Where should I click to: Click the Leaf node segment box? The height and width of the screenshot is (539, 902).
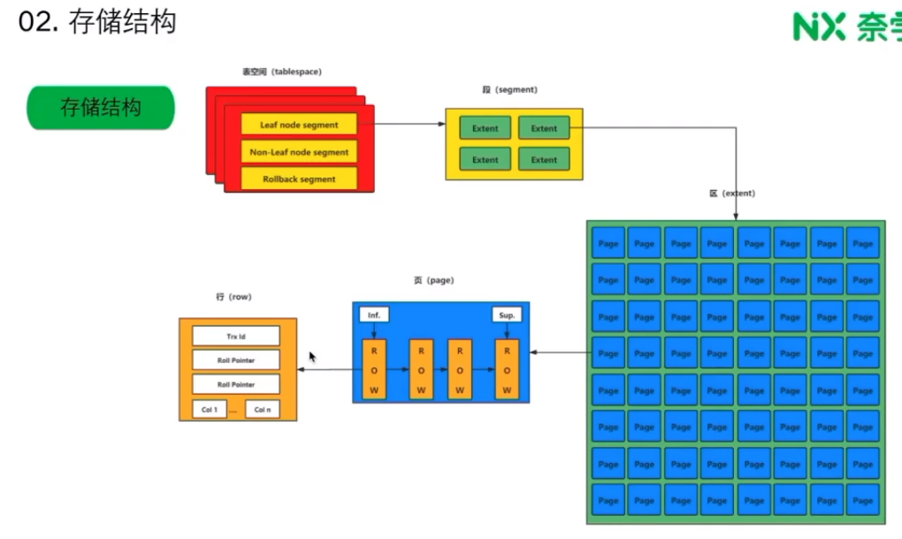click(x=299, y=125)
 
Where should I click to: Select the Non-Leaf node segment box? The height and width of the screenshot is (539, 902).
click(x=299, y=152)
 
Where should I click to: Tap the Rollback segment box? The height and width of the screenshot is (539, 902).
click(x=299, y=178)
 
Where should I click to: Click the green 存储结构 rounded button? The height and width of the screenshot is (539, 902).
click(x=101, y=108)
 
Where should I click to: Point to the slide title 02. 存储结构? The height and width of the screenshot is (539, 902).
click(x=97, y=22)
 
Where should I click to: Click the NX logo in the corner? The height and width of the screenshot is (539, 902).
click(x=819, y=27)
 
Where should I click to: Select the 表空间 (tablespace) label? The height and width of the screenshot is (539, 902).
click(x=281, y=71)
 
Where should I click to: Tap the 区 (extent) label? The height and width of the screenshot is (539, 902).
click(x=731, y=193)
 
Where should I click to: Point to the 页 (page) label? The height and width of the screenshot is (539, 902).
click(x=433, y=280)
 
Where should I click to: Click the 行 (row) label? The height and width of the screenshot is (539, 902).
click(x=233, y=297)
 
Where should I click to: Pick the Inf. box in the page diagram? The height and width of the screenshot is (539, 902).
click(x=374, y=315)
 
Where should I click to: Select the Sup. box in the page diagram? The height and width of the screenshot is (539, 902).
click(x=507, y=315)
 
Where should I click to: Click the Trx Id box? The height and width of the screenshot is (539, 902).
click(x=235, y=336)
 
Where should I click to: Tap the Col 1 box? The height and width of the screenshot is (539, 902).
click(x=209, y=410)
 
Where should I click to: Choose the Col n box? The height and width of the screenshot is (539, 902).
click(x=262, y=410)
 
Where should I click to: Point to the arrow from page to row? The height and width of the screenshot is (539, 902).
click(x=325, y=369)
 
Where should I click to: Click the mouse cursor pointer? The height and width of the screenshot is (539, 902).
click(x=312, y=356)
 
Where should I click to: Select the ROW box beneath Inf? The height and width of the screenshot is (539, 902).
click(x=374, y=368)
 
